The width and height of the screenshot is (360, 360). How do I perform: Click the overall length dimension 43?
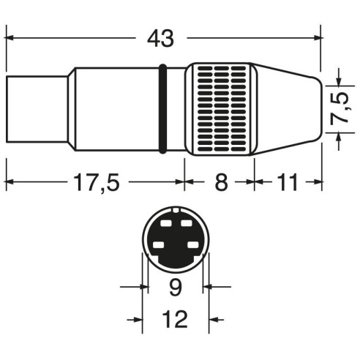click(x=160, y=38)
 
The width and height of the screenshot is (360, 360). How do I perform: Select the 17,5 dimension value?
click(x=97, y=182)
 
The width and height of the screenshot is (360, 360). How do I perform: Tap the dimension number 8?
click(x=221, y=182)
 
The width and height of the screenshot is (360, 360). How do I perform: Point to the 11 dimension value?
click(x=288, y=182)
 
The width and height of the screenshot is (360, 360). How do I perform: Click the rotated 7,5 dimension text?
click(x=341, y=108)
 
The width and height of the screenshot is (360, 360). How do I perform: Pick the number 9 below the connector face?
click(x=176, y=287)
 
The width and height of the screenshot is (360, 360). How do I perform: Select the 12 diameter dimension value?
click(x=175, y=319)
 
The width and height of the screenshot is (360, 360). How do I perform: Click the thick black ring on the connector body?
click(x=162, y=109)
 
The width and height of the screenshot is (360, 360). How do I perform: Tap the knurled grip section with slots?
click(x=222, y=109)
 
